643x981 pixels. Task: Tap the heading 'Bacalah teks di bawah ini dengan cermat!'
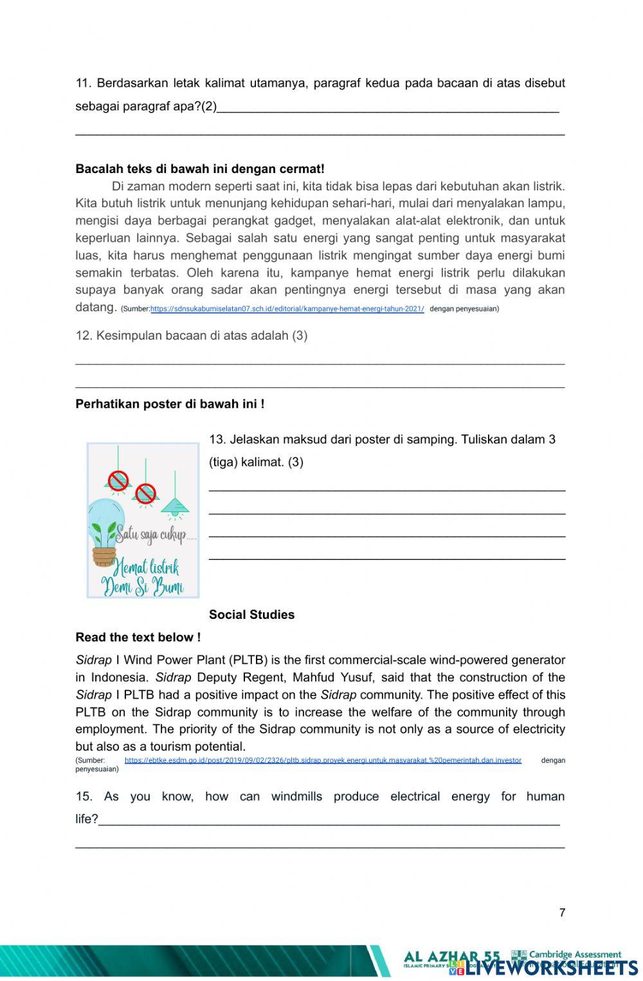tap(200, 169)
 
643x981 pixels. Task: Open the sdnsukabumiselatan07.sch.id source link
tap(287, 309)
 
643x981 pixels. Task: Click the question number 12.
tap(84, 335)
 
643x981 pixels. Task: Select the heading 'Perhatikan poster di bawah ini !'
tap(170, 404)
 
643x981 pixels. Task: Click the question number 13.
tap(217, 439)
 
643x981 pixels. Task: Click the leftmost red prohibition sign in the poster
tap(118, 480)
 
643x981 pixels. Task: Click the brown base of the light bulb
tap(104, 556)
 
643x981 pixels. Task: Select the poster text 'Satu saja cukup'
tap(152, 534)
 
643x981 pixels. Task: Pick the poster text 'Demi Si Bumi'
tap(142, 587)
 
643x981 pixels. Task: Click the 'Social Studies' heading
tap(251, 614)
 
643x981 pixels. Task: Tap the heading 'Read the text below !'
tap(138, 637)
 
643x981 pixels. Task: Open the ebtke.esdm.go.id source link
tap(323, 760)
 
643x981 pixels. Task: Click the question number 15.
tap(84, 796)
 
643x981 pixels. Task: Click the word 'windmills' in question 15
tap(296, 796)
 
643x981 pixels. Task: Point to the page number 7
tap(562, 912)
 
